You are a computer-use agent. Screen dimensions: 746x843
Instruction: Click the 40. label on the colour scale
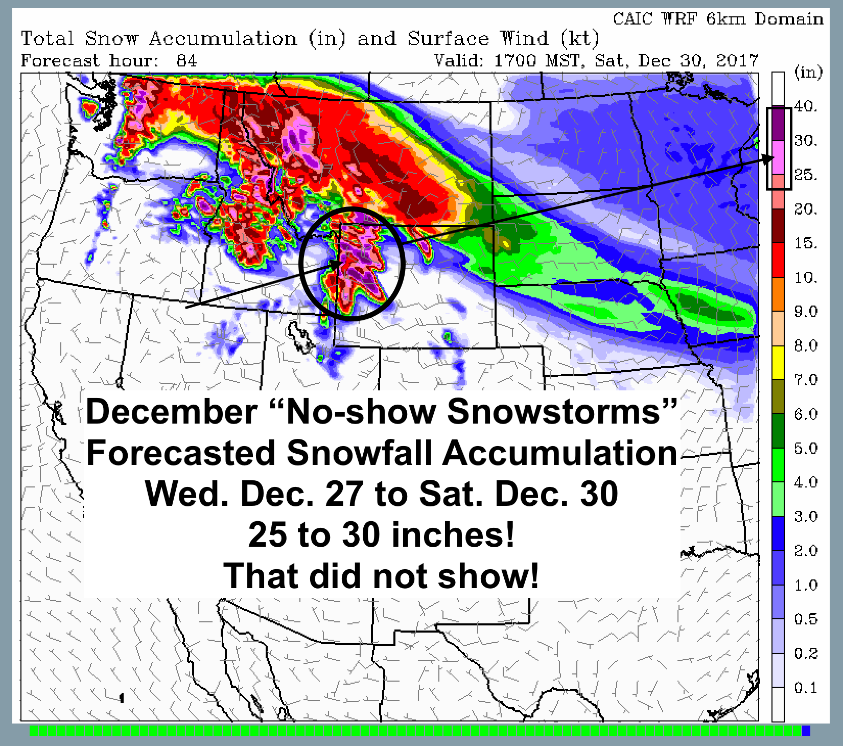point(806,107)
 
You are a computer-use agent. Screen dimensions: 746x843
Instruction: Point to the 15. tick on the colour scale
point(806,243)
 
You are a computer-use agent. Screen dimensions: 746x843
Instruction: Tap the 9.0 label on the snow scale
point(806,311)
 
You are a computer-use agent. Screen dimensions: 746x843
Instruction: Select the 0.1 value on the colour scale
point(806,688)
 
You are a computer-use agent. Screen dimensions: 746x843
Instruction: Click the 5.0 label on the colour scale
point(806,448)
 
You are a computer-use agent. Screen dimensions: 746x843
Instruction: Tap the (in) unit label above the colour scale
point(809,73)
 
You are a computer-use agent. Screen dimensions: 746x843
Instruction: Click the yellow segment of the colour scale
point(778,363)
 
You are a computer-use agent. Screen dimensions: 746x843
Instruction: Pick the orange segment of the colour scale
point(778,294)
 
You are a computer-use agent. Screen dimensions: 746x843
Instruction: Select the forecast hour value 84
point(186,61)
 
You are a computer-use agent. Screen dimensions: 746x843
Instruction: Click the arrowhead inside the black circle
point(337,264)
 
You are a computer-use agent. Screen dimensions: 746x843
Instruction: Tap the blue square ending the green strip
point(806,731)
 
